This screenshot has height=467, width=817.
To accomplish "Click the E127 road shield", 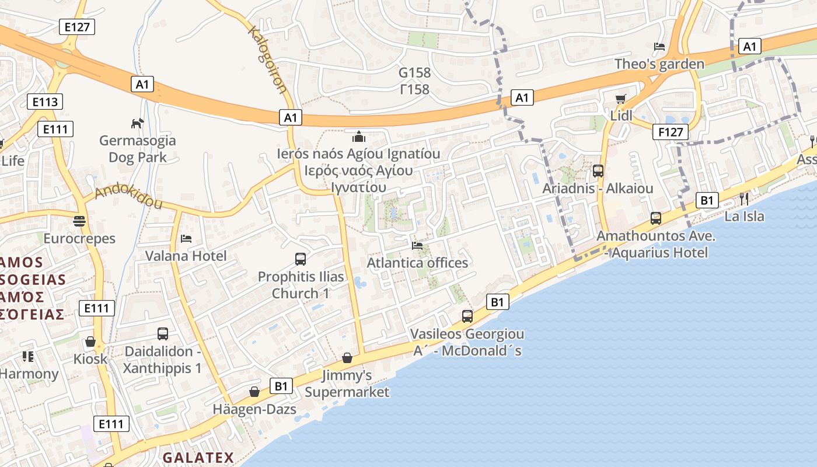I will [77, 26].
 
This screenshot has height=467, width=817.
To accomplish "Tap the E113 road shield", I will [45, 102].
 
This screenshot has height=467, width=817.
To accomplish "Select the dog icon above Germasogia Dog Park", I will [137, 123].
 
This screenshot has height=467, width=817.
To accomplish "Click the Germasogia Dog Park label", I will [137, 149].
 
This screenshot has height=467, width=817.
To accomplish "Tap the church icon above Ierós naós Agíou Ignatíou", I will [358, 137].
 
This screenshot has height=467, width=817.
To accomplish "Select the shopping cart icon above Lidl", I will [620, 99].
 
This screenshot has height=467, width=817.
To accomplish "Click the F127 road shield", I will [670, 132].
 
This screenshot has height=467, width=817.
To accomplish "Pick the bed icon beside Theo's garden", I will [659, 47].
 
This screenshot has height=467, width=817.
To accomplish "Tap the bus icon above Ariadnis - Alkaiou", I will [598, 171].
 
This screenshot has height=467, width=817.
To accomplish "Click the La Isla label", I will [744, 217].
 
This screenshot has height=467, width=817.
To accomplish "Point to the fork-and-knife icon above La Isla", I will [743, 199].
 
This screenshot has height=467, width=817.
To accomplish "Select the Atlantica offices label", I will [417, 263].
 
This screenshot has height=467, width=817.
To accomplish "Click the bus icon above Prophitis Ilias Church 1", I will [301, 259].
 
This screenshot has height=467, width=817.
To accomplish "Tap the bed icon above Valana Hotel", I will [186, 239].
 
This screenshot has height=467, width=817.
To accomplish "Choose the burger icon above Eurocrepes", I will [79, 221].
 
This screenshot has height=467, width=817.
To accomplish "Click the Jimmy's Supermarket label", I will [347, 384].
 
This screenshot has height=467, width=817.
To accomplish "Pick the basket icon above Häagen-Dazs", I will [254, 392].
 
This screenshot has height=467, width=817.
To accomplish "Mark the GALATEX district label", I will [198, 458].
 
